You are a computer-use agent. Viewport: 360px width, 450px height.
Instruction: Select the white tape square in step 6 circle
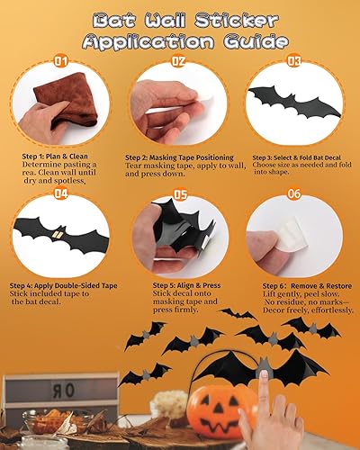[290, 237]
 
